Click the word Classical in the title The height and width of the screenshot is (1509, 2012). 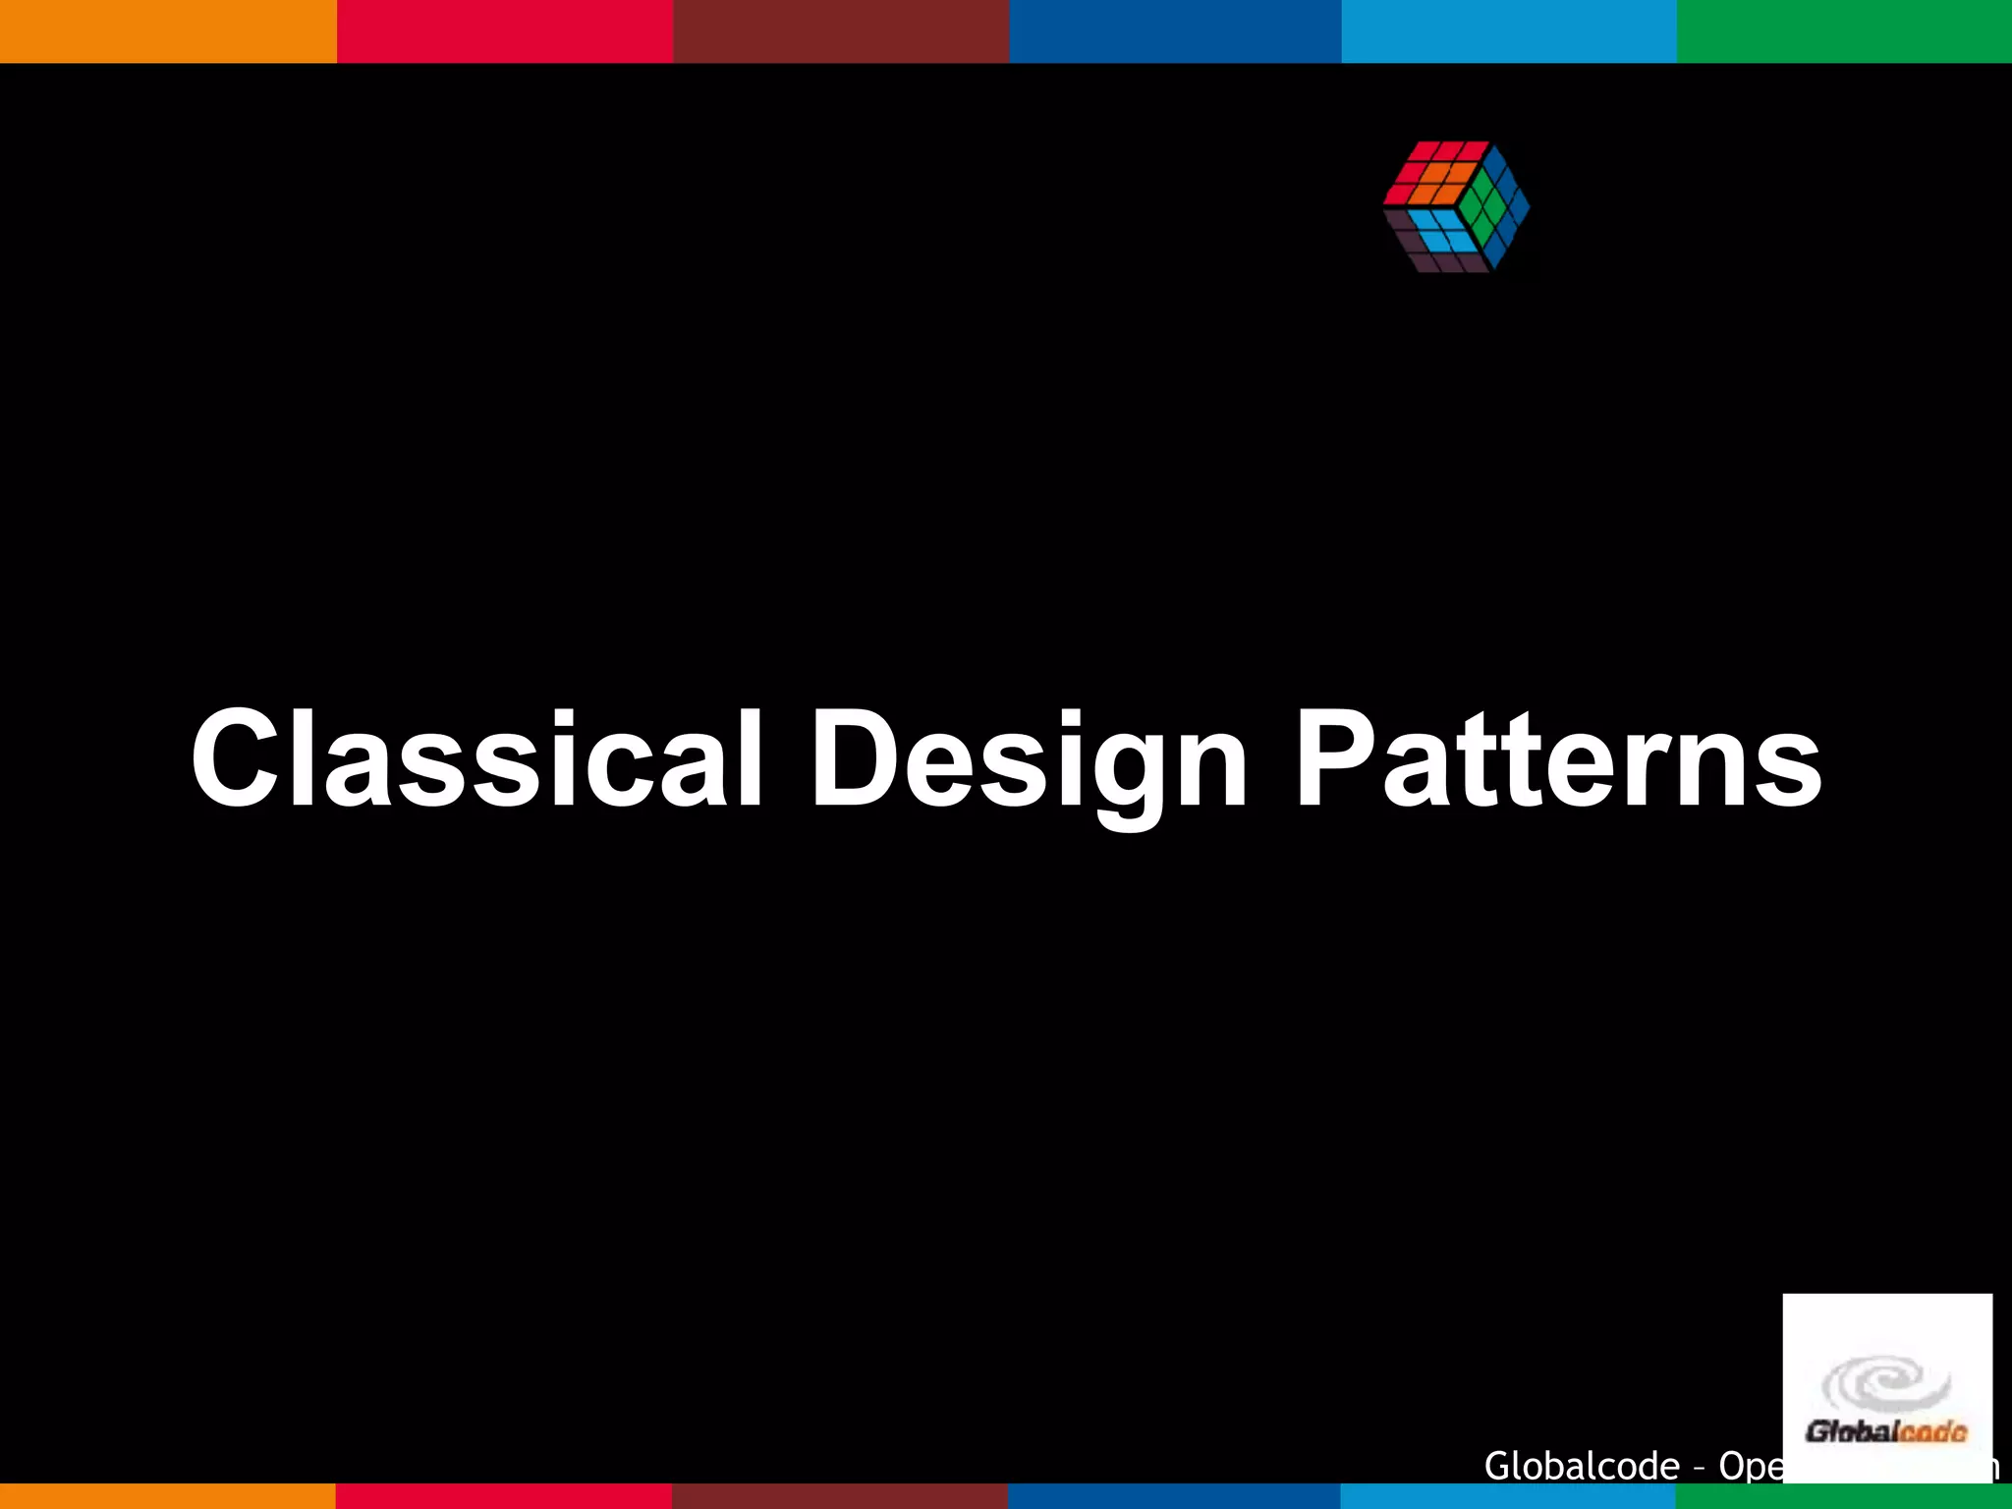[476, 759]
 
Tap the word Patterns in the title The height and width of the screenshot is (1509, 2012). [1557, 759]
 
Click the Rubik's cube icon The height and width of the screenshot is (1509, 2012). [1456, 207]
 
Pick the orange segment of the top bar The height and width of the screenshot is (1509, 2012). [168, 31]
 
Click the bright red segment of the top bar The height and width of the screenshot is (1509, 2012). [504, 31]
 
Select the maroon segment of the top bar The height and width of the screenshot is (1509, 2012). [840, 31]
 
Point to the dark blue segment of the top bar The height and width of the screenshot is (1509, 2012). [1175, 31]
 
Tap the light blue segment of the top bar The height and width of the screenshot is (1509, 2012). [1509, 31]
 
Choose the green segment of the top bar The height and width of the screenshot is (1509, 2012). [1844, 31]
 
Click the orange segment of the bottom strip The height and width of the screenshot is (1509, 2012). [168, 1496]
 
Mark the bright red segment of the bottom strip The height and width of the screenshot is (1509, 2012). [504, 1496]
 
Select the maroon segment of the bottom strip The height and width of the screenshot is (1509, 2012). [840, 1496]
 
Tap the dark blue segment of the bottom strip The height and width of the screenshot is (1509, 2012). [1175, 1496]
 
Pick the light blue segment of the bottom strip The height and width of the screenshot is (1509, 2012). [1509, 1496]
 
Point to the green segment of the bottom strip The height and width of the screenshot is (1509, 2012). [1844, 1496]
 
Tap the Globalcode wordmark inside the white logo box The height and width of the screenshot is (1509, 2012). [1885, 1431]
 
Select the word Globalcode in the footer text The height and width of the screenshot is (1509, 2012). [1582, 1466]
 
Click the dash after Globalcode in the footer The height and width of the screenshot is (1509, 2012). [1700, 1468]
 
